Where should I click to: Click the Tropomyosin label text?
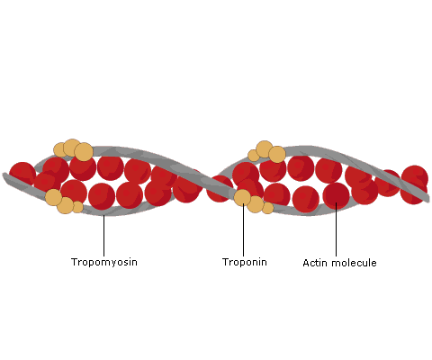104,262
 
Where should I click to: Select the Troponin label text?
245,262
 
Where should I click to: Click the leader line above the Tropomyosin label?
103,236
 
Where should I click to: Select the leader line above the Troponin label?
243,229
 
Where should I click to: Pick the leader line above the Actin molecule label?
336,229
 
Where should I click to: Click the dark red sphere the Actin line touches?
337,195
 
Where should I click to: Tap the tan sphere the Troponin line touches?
242,198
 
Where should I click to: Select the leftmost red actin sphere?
22,175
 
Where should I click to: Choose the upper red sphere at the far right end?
415,177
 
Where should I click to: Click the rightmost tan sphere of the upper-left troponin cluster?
84,151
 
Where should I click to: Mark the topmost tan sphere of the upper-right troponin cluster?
265,149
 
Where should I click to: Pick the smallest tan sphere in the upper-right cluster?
254,156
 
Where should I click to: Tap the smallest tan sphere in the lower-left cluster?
77,207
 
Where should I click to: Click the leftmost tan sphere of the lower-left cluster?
54,197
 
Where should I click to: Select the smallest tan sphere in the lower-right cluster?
267,208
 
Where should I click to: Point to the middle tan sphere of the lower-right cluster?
256,204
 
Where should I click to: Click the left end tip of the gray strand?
3,175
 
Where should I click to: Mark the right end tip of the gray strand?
429,200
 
